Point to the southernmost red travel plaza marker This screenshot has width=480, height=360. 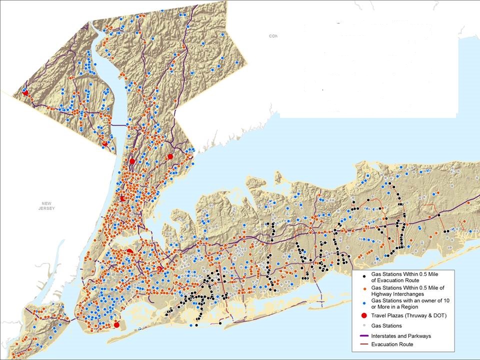click(x=116, y=324)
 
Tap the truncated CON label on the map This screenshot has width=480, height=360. click(x=272, y=36)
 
